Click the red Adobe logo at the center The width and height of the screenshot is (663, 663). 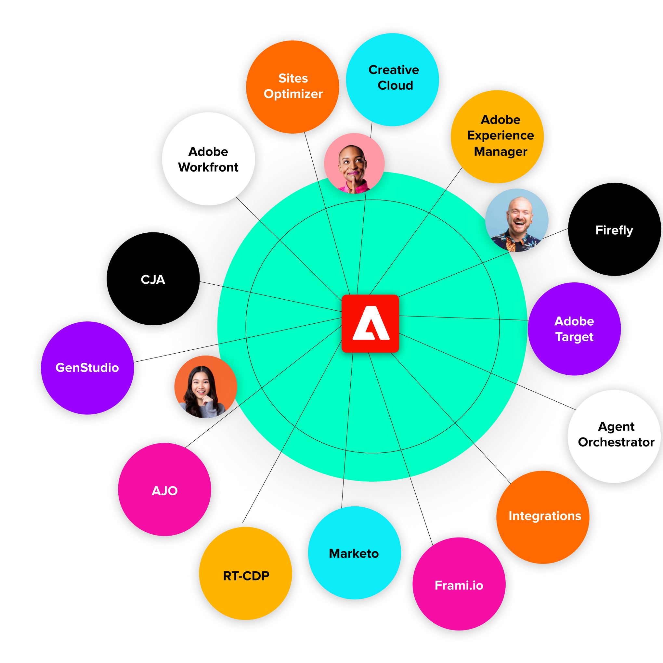pyautogui.click(x=370, y=323)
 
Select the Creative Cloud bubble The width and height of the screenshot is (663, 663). pyautogui.click(x=392, y=80)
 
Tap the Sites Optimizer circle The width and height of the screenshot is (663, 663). pyautogui.click(x=292, y=87)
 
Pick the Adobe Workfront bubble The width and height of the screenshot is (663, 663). pyautogui.click(x=208, y=159)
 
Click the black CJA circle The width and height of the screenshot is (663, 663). pyautogui.click(x=153, y=279)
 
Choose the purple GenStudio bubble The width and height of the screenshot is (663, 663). pyautogui.click(x=87, y=368)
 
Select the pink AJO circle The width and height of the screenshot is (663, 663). pyautogui.click(x=164, y=489)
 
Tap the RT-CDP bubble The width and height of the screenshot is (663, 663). pyautogui.click(x=245, y=573)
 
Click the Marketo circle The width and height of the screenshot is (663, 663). pyautogui.click(x=355, y=553)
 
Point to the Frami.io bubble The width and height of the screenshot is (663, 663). pyautogui.click(x=459, y=584)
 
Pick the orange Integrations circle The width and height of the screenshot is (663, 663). pyautogui.click(x=542, y=517)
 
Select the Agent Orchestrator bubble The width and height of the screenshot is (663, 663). pyautogui.click(x=614, y=436)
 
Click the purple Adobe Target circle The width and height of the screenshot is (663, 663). pyautogui.click(x=574, y=329)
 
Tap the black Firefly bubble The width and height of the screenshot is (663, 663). pyautogui.click(x=614, y=229)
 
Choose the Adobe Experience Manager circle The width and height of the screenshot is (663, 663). pyautogui.click(x=497, y=136)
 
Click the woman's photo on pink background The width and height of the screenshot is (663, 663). pyautogui.click(x=354, y=163)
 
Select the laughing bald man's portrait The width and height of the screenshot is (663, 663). pyautogui.click(x=516, y=220)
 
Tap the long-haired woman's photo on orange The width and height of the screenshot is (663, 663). pyautogui.click(x=205, y=387)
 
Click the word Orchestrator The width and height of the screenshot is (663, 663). pyautogui.click(x=616, y=442)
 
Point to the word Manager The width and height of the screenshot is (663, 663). pyautogui.click(x=500, y=152)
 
